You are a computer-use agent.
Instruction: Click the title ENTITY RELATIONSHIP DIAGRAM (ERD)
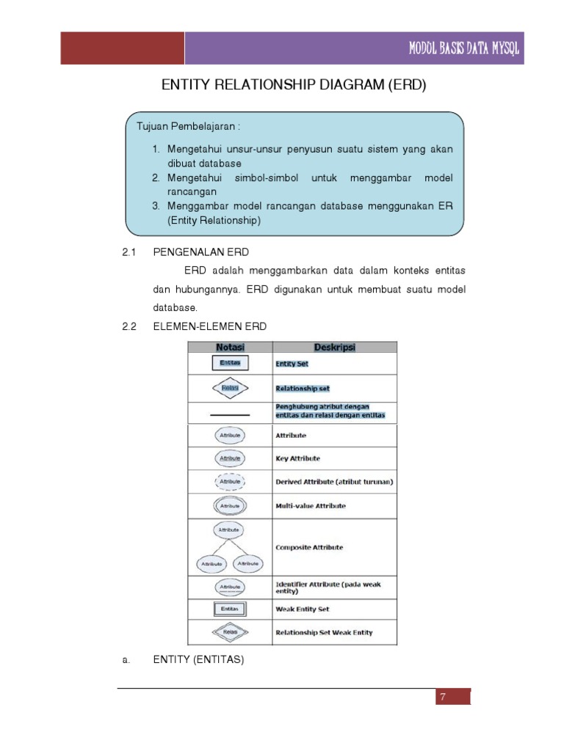tap(293, 86)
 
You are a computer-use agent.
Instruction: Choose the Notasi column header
tap(230, 347)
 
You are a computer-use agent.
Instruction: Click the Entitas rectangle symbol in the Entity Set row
tap(230, 362)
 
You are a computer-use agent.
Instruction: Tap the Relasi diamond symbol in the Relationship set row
tap(230, 388)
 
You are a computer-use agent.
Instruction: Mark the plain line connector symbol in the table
tap(230, 415)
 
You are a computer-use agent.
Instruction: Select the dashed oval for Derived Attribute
tap(230, 482)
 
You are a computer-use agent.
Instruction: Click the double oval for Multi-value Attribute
tap(230, 505)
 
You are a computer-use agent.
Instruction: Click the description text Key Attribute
tap(298, 458)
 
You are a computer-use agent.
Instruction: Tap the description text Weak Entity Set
tap(303, 609)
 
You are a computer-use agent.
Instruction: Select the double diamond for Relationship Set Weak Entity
tap(230, 631)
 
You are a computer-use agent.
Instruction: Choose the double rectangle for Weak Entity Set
tap(230, 609)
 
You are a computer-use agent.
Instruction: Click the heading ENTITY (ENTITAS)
tap(198, 660)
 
